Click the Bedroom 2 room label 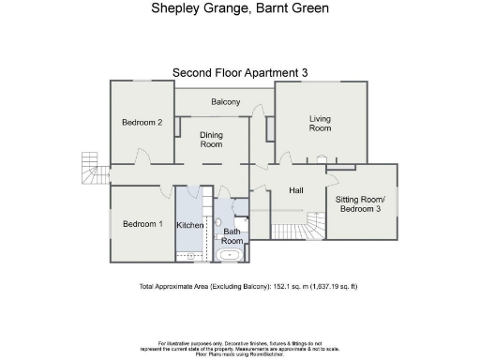[142, 122]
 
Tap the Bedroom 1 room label [142, 224]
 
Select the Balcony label [225, 101]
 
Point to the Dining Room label [212, 140]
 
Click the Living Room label [321, 123]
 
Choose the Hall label [296, 191]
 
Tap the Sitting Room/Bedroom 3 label [361, 203]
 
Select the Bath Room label [232, 236]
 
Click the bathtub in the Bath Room [230, 254]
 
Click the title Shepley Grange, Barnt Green [240, 8]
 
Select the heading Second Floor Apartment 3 [240, 72]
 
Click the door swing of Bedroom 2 [140, 157]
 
